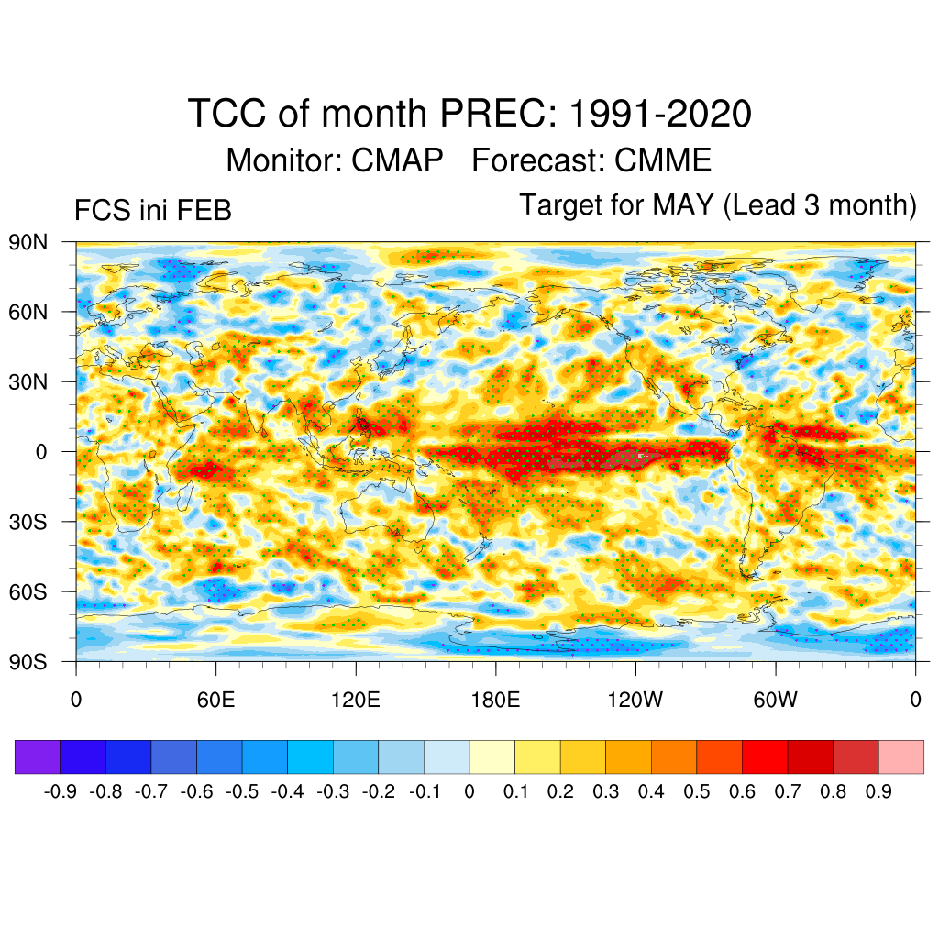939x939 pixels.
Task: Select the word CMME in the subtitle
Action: (x=663, y=160)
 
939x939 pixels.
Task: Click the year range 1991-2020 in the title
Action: (x=660, y=115)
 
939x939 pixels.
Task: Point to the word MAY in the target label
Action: (x=683, y=205)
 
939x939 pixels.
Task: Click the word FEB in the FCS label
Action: (x=203, y=211)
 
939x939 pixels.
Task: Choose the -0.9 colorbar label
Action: (x=61, y=792)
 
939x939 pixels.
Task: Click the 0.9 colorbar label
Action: (x=878, y=792)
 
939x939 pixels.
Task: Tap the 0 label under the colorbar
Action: (x=469, y=792)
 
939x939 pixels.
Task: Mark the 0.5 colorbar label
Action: (x=697, y=792)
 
